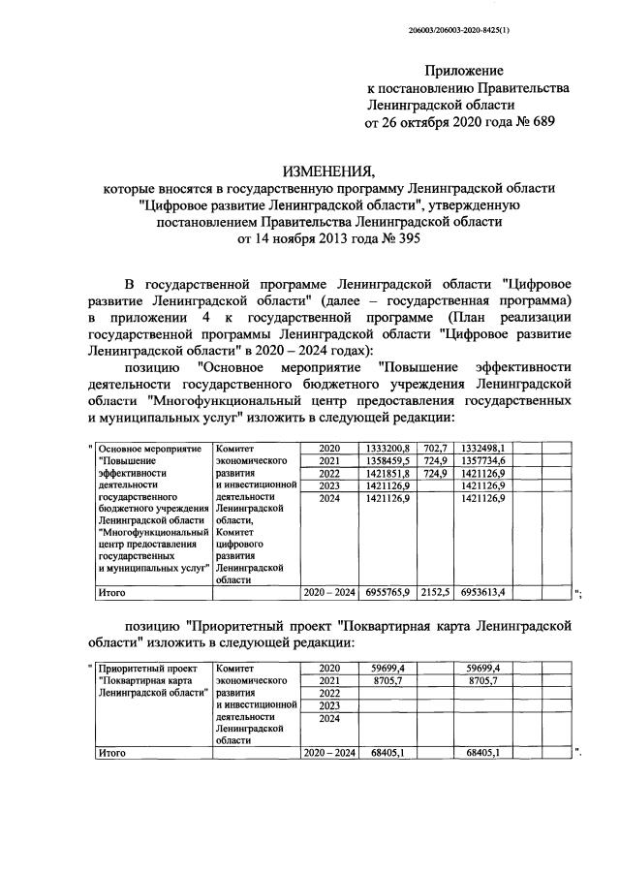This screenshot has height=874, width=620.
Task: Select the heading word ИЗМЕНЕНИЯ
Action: click(x=328, y=171)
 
